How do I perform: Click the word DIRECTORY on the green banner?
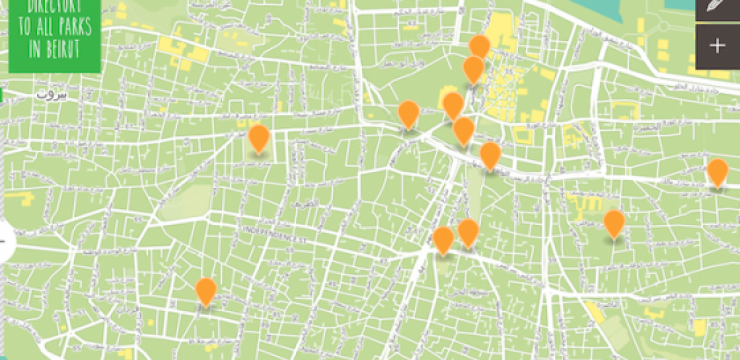[x=44, y=5]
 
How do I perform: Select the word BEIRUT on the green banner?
[x=57, y=48]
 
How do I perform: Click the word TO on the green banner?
[x=24, y=28]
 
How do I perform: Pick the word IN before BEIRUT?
[x=33, y=48]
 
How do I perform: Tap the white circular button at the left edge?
[x=4, y=241]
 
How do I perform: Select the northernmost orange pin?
[x=480, y=46]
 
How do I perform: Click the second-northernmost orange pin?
[x=473, y=69]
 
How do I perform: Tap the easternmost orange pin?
[x=717, y=172]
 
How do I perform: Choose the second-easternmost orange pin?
[x=614, y=223]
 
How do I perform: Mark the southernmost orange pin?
[x=206, y=291]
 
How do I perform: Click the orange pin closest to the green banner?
[x=259, y=138]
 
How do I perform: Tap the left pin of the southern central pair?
[x=443, y=240]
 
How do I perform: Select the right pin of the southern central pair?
[x=468, y=233]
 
